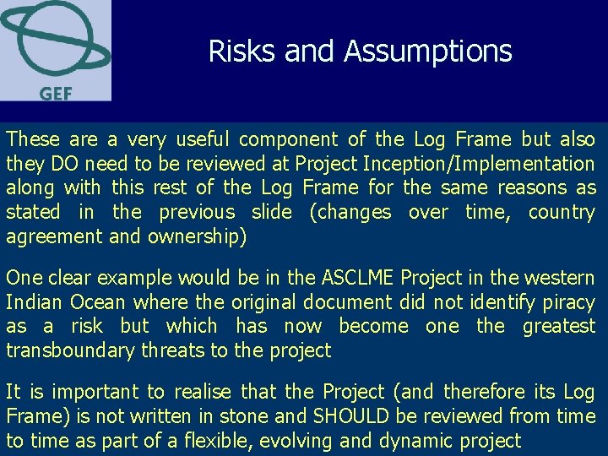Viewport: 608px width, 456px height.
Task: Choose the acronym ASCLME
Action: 357,278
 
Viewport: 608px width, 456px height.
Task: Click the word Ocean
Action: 96,302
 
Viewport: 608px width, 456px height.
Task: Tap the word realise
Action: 203,392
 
